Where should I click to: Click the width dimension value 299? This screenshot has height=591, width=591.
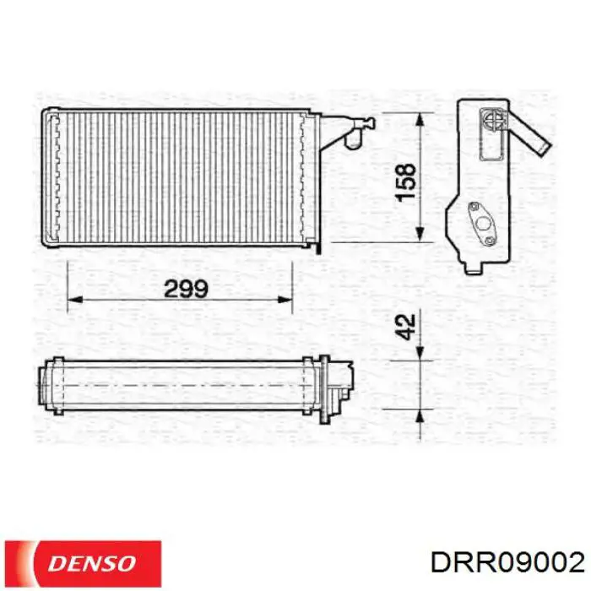(x=186, y=290)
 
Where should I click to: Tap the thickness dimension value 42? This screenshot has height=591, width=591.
(x=406, y=327)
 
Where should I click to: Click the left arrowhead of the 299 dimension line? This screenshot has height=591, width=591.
(x=73, y=299)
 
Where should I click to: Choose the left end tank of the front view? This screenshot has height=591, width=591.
(x=52, y=177)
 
